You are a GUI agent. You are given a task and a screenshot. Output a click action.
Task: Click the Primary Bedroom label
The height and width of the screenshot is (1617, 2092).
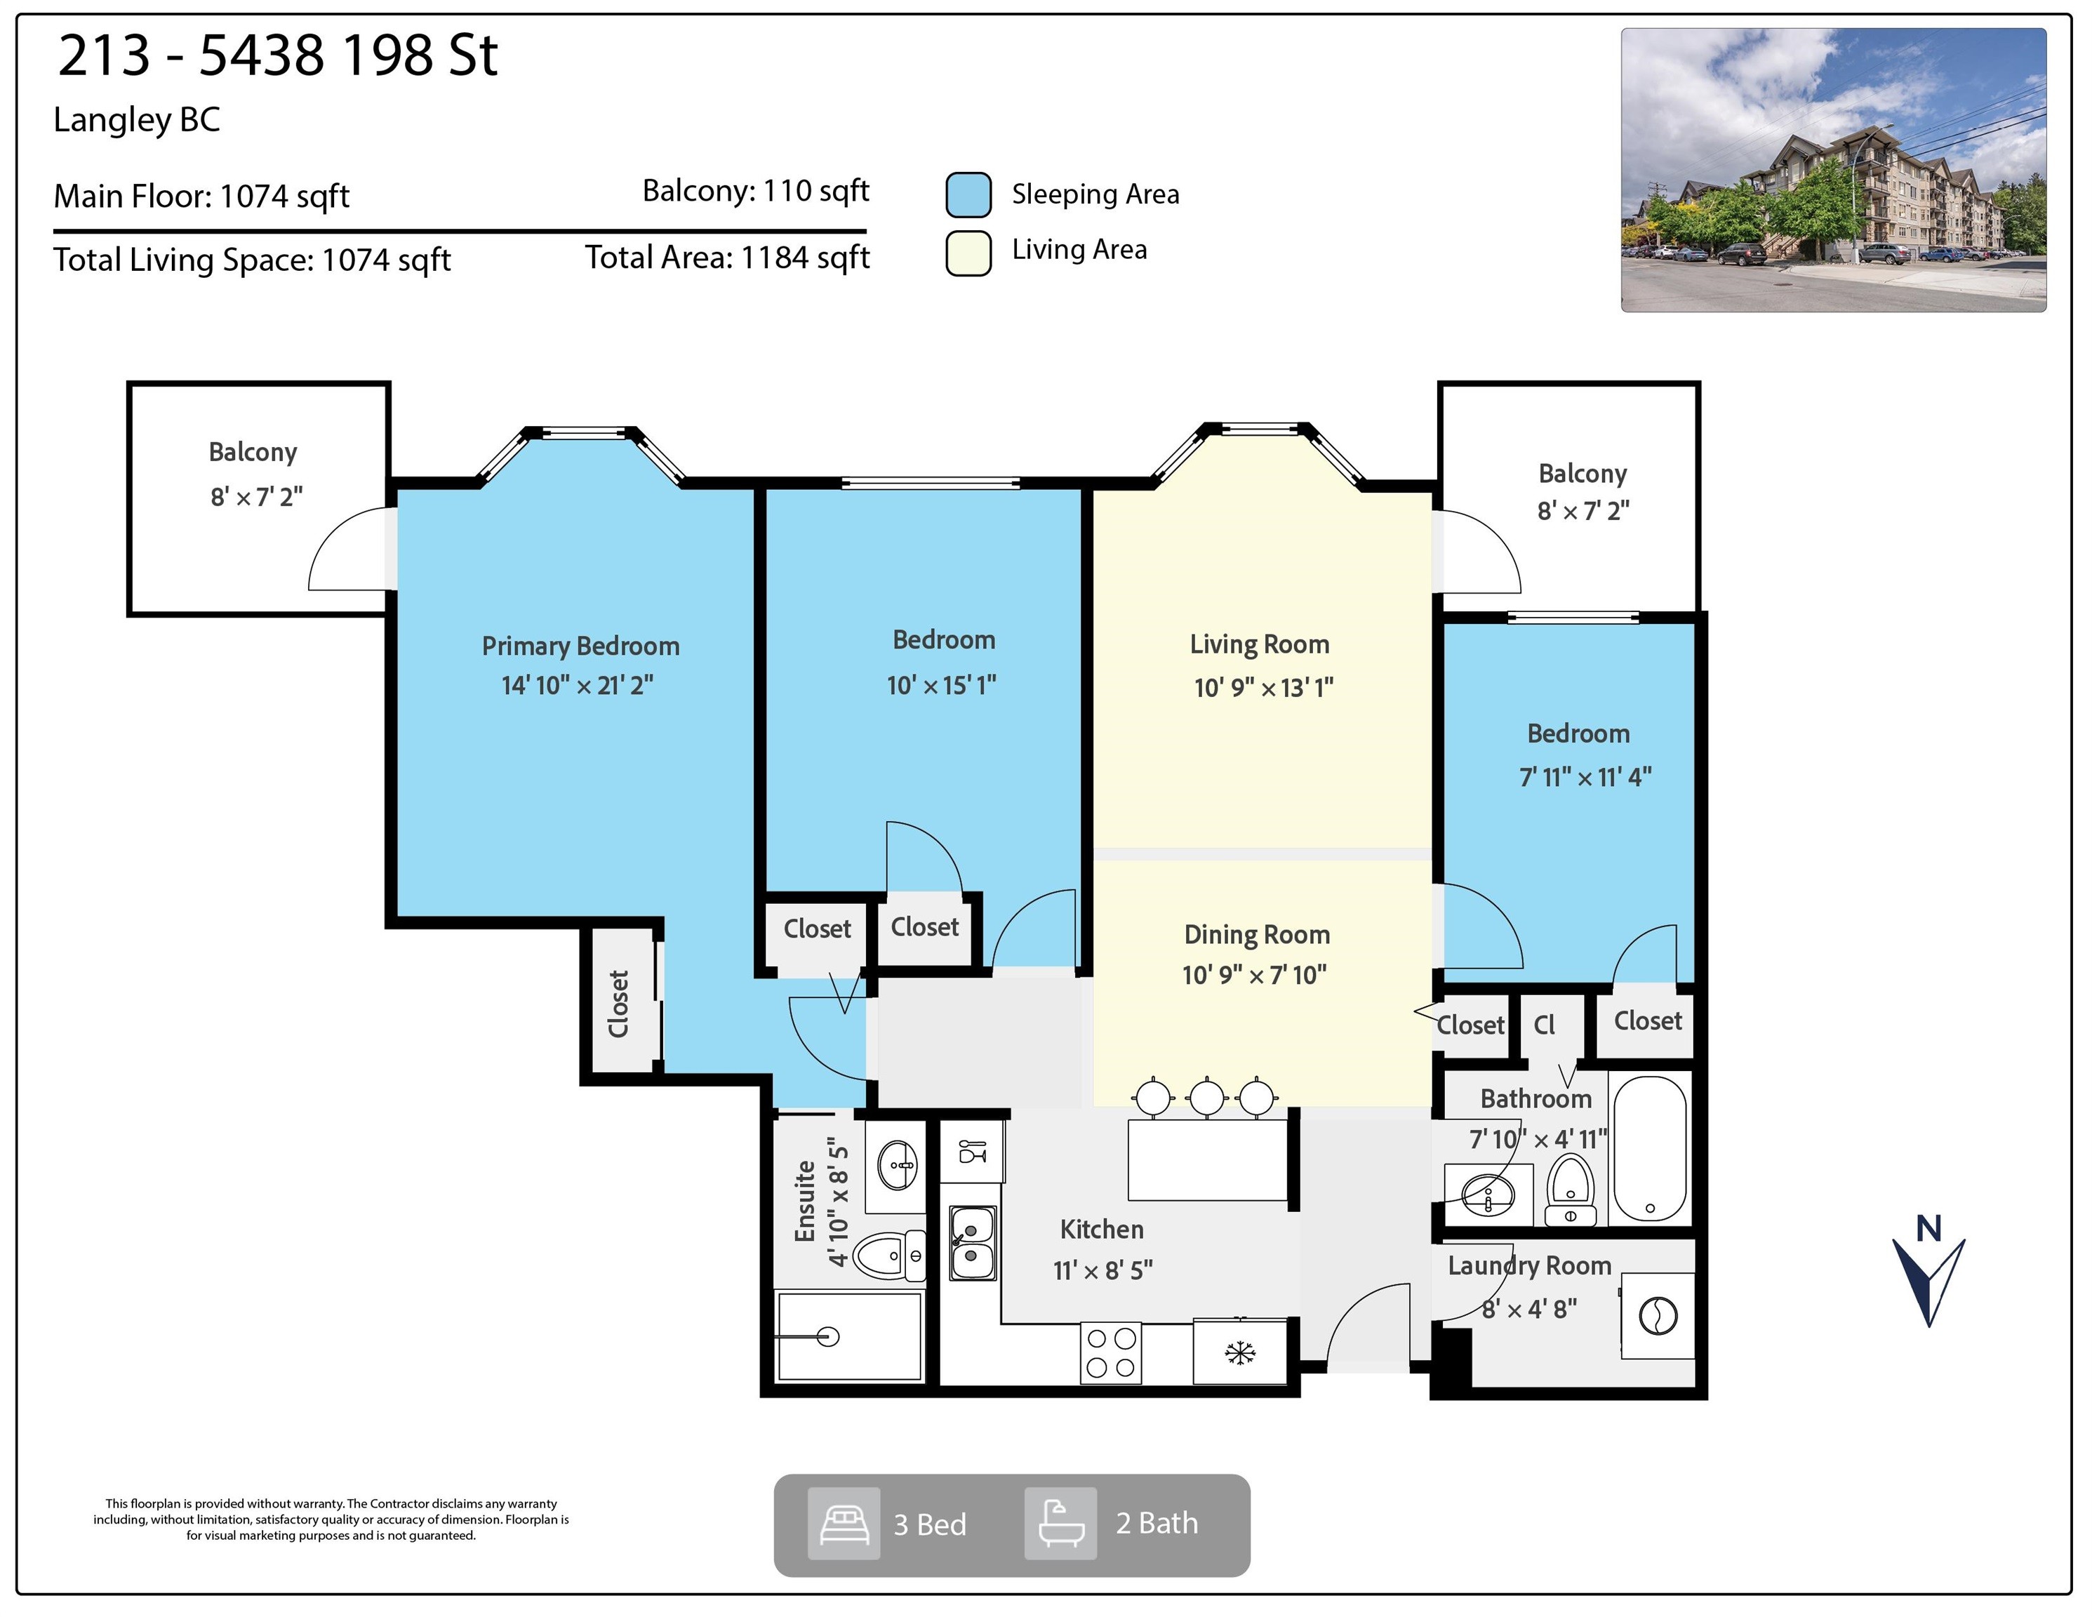580,646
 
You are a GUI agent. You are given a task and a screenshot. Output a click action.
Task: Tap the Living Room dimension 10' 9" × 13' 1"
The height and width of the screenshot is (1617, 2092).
1263,687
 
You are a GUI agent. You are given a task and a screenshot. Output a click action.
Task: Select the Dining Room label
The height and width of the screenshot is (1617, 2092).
1257,934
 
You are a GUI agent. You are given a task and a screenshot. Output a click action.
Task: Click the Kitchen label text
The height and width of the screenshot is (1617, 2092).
1102,1229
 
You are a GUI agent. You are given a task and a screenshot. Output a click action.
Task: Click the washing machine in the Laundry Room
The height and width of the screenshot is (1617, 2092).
1658,1315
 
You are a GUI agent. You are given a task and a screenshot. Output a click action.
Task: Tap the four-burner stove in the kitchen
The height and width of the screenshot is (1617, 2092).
1111,1352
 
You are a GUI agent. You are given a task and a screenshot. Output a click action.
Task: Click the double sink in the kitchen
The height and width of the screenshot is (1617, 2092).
972,1242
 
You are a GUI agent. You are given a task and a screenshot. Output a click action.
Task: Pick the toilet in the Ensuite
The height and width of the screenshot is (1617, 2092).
890,1255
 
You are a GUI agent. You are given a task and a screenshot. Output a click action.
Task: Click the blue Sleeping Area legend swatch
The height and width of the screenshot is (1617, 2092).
968,194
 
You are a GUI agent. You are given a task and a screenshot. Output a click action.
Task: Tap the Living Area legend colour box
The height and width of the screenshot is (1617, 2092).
968,253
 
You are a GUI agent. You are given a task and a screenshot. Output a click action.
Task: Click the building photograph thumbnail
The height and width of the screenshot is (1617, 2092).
1833,170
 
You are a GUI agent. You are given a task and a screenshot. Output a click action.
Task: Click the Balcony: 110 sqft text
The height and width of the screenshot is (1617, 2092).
756,191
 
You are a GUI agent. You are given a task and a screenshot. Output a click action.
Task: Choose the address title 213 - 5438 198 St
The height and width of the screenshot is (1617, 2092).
278,55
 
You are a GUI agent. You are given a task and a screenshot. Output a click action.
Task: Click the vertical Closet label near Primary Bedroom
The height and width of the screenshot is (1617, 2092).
619,1004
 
